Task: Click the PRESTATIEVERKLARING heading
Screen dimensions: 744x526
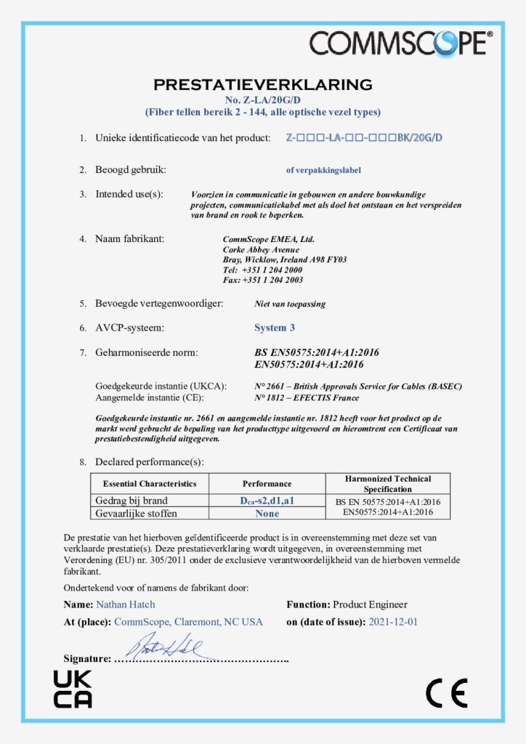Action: coord(262,84)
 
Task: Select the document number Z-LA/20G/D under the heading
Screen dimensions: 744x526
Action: coord(262,100)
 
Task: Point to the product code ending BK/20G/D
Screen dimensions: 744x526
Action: coord(364,137)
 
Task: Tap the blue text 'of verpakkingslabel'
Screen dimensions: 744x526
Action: coord(323,171)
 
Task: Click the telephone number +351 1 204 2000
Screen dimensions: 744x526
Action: coord(262,270)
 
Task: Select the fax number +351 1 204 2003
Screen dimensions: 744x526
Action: coord(262,280)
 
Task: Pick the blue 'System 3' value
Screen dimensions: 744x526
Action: coord(275,328)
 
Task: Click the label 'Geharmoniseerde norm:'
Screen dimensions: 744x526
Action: coord(147,352)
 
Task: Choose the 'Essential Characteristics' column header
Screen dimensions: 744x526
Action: coord(150,483)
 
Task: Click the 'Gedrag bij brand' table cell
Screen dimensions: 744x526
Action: coord(131,501)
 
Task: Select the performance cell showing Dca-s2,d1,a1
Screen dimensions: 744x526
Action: coord(267,501)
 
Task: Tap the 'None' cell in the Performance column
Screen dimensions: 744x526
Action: coord(267,513)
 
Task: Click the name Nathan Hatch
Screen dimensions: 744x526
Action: coord(125,604)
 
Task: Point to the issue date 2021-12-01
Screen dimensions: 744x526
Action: coord(393,622)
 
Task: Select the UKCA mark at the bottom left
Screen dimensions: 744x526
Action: coord(73,690)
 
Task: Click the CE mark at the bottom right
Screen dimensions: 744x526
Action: coord(446,693)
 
